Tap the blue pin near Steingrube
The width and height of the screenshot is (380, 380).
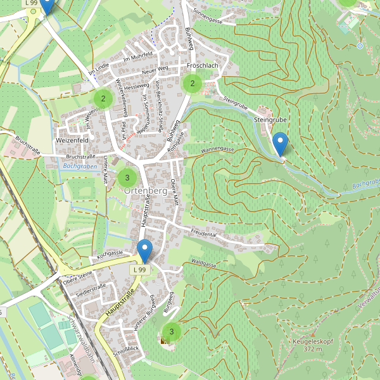(279, 144)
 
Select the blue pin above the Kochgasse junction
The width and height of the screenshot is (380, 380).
(145, 251)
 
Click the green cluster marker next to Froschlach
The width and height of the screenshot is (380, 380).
(192, 83)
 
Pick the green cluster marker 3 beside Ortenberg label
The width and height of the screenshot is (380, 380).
(127, 178)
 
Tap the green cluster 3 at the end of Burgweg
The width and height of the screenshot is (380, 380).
(171, 331)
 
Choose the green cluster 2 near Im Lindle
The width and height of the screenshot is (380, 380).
(103, 98)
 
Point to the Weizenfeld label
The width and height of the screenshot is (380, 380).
(72, 139)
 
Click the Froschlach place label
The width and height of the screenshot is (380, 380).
(203, 65)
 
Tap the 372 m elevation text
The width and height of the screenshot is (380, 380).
(313, 349)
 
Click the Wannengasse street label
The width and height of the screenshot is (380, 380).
(218, 150)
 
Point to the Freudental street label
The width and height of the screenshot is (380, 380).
(203, 234)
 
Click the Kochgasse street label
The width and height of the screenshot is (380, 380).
(109, 253)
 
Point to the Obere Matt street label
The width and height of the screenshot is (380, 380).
(174, 193)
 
